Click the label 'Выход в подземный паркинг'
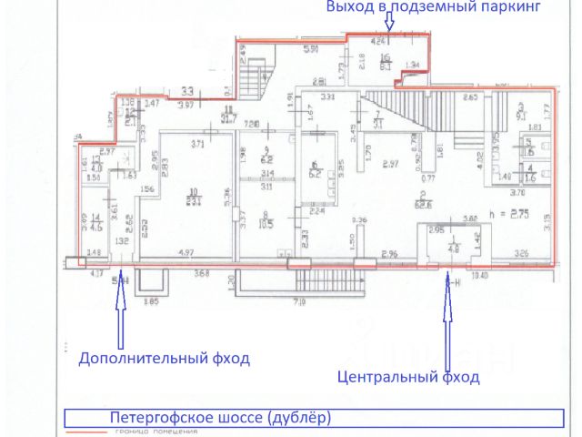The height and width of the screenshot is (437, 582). pos(434,8)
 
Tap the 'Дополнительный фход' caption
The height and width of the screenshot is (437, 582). pos(164,359)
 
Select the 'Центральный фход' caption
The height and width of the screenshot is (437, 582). pos(407,376)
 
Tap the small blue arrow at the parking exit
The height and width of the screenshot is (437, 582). pos(388,28)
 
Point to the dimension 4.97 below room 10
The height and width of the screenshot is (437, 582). pos(186,251)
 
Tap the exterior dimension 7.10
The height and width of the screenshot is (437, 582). pos(297,300)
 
